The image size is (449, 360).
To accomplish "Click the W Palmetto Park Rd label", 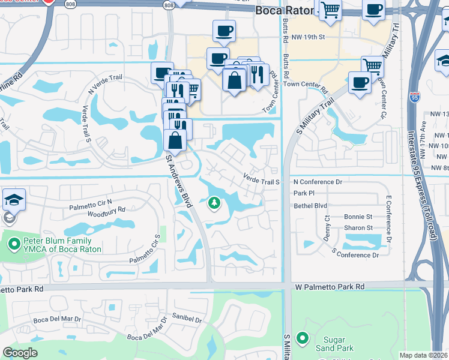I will tap(330, 287).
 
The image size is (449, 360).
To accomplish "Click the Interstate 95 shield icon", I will tap(414, 97).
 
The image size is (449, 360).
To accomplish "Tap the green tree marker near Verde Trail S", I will tap(213, 205).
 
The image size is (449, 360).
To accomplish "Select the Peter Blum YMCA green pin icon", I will tap(15, 244).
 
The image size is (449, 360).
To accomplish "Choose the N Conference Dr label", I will tap(317, 182).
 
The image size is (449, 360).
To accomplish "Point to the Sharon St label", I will tap(358, 228).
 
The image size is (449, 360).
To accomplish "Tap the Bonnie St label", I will tap(358, 217).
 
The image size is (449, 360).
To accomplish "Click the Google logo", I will tap(20, 353).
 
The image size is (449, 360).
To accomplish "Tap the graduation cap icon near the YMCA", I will tap(13, 200).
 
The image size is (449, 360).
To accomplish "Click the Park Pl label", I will tap(304, 193).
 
